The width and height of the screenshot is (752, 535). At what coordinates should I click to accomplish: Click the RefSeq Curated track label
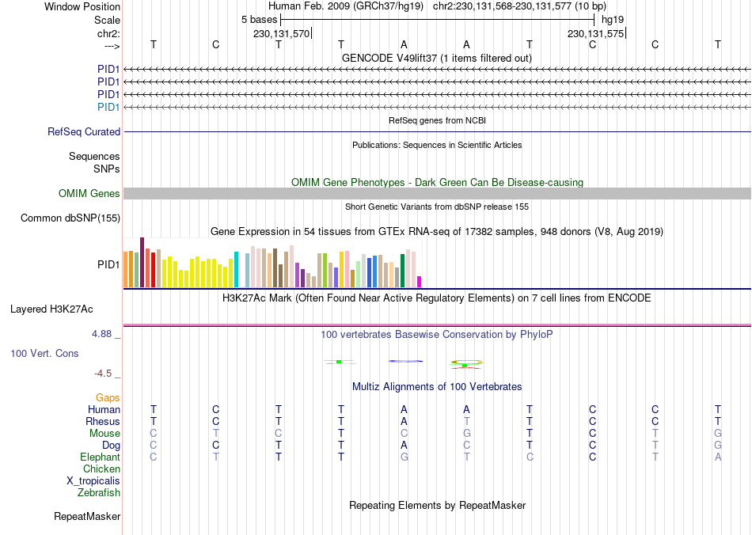click(x=84, y=132)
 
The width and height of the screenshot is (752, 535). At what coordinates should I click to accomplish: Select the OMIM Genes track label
click(x=89, y=194)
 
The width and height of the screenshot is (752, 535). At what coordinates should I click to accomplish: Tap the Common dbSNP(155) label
click(x=70, y=218)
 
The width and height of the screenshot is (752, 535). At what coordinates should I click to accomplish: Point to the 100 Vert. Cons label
click(x=44, y=353)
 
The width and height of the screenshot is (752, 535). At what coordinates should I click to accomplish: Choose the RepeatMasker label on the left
click(x=87, y=517)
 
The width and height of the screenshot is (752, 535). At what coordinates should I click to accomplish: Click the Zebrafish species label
click(x=99, y=493)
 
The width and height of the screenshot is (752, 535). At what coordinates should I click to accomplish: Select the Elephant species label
click(x=101, y=457)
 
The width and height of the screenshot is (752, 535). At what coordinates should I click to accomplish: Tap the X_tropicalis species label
click(x=93, y=481)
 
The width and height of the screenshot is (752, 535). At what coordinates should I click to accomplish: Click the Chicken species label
click(x=101, y=469)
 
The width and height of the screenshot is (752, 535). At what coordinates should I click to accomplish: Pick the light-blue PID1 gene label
click(x=108, y=107)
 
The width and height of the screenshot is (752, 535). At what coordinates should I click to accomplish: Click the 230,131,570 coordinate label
click(x=281, y=34)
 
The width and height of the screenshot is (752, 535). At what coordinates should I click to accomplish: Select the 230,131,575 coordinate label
click(x=595, y=34)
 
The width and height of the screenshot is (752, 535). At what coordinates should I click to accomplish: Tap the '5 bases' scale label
click(x=260, y=19)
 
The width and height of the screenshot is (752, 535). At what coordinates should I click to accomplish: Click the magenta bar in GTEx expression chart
click(x=420, y=282)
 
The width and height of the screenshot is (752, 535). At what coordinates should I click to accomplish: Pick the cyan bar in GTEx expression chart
click(x=236, y=270)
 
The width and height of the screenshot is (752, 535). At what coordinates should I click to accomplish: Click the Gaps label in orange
click(x=108, y=398)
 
